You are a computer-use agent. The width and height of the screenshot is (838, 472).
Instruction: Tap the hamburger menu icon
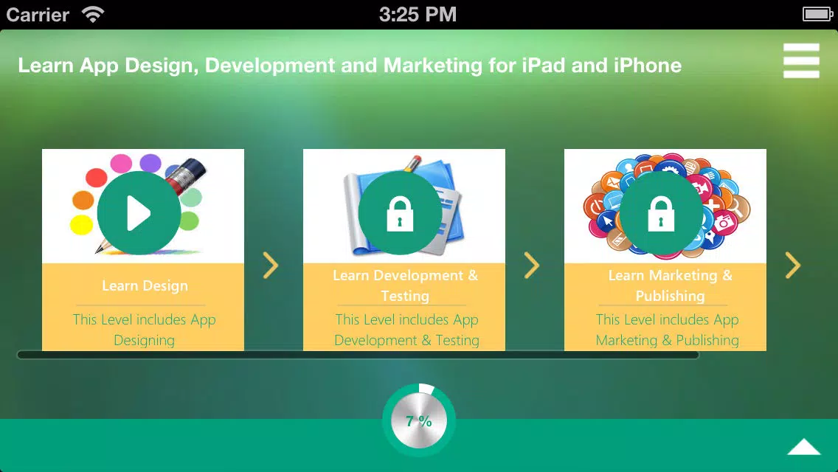coord(801,60)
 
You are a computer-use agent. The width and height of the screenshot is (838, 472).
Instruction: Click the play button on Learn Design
coord(139,212)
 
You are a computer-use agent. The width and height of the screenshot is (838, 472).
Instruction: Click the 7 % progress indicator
coord(419,420)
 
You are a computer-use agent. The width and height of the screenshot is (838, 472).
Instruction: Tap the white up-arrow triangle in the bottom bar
coord(804,447)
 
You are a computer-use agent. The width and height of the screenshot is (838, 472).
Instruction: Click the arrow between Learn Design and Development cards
coord(271,265)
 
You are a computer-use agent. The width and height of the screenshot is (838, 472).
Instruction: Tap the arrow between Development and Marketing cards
coord(532,265)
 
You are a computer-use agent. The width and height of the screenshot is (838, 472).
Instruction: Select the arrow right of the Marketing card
coord(793,265)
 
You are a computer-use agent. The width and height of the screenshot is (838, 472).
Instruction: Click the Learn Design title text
coord(145,286)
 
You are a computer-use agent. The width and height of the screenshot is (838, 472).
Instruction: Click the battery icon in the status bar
coord(817,14)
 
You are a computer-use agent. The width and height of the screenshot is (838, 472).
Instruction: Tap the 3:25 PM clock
coord(418,15)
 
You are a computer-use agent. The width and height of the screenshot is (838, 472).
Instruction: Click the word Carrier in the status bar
coord(38,15)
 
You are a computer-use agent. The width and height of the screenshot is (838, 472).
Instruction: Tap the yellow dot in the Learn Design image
coord(82,224)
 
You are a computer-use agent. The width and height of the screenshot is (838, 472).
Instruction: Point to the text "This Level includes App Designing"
coord(145,330)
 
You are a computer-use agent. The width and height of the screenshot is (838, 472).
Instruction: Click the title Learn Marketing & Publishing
coord(671,285)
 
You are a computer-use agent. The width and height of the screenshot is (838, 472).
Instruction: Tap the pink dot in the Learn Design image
coord(121,164)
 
